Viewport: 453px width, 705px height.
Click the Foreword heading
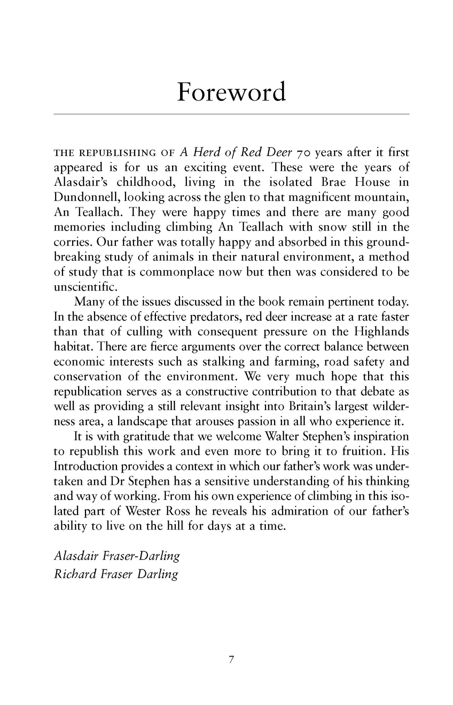click(231, 92)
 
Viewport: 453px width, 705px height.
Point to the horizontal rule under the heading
click(231, 114)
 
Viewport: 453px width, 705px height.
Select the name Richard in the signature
click(75, 574)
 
